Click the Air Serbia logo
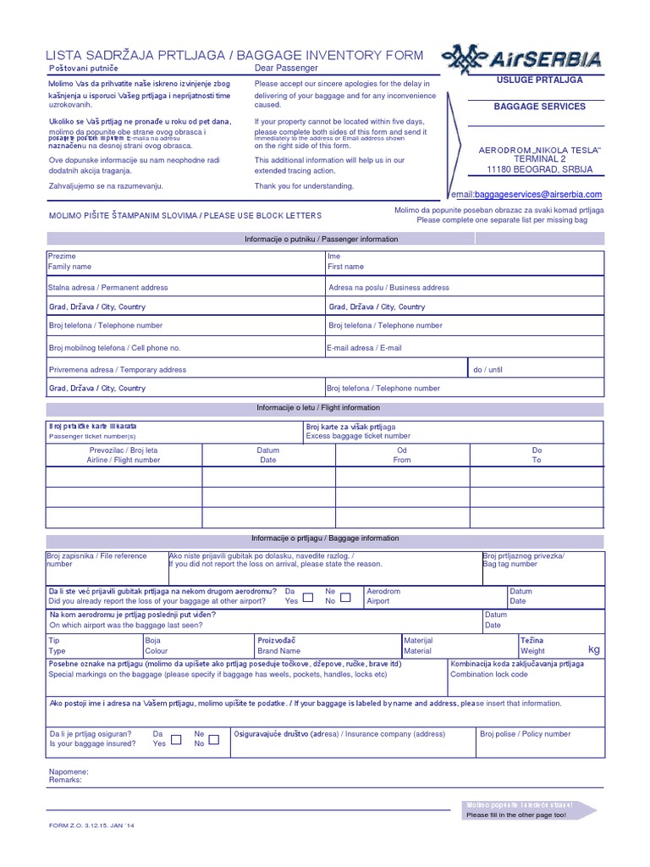click(x=522, y=58)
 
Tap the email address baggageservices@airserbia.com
click(x=528, y=195)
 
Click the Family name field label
click(x=69, y=267)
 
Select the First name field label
click(x=345, y=267)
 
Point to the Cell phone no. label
click(x=114, y=348)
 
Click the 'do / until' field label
click(x=487, y=369)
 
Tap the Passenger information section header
click(x=321, y=240)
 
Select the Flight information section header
click(x=318, y=408)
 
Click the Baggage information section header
click(x=325, y=538)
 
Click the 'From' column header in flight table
click(x=402, y=461)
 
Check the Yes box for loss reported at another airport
click(x=308, y=597)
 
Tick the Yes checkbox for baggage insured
click(x=176, y=739)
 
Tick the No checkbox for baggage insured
click(x=214, y=739)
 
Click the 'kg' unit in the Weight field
click(x=593, y=649)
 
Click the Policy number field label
click(x=525, y=734)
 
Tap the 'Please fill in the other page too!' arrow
click(x=528, y=810)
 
